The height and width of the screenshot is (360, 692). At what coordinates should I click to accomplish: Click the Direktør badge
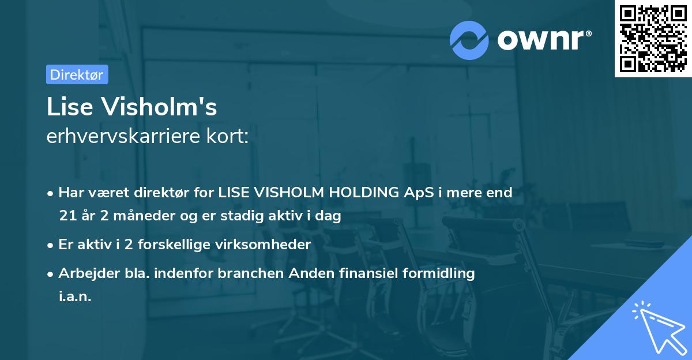click(x=77, y=74)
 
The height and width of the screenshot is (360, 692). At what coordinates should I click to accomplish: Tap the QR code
click(x=653, y=39)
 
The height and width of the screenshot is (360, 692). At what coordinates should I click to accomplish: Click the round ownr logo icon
click(x=469, y=40)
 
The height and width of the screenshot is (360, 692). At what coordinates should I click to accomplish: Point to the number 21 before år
click(x=66, y=216)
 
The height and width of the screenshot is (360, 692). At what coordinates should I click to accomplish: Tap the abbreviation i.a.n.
click(x=75, y=298)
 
